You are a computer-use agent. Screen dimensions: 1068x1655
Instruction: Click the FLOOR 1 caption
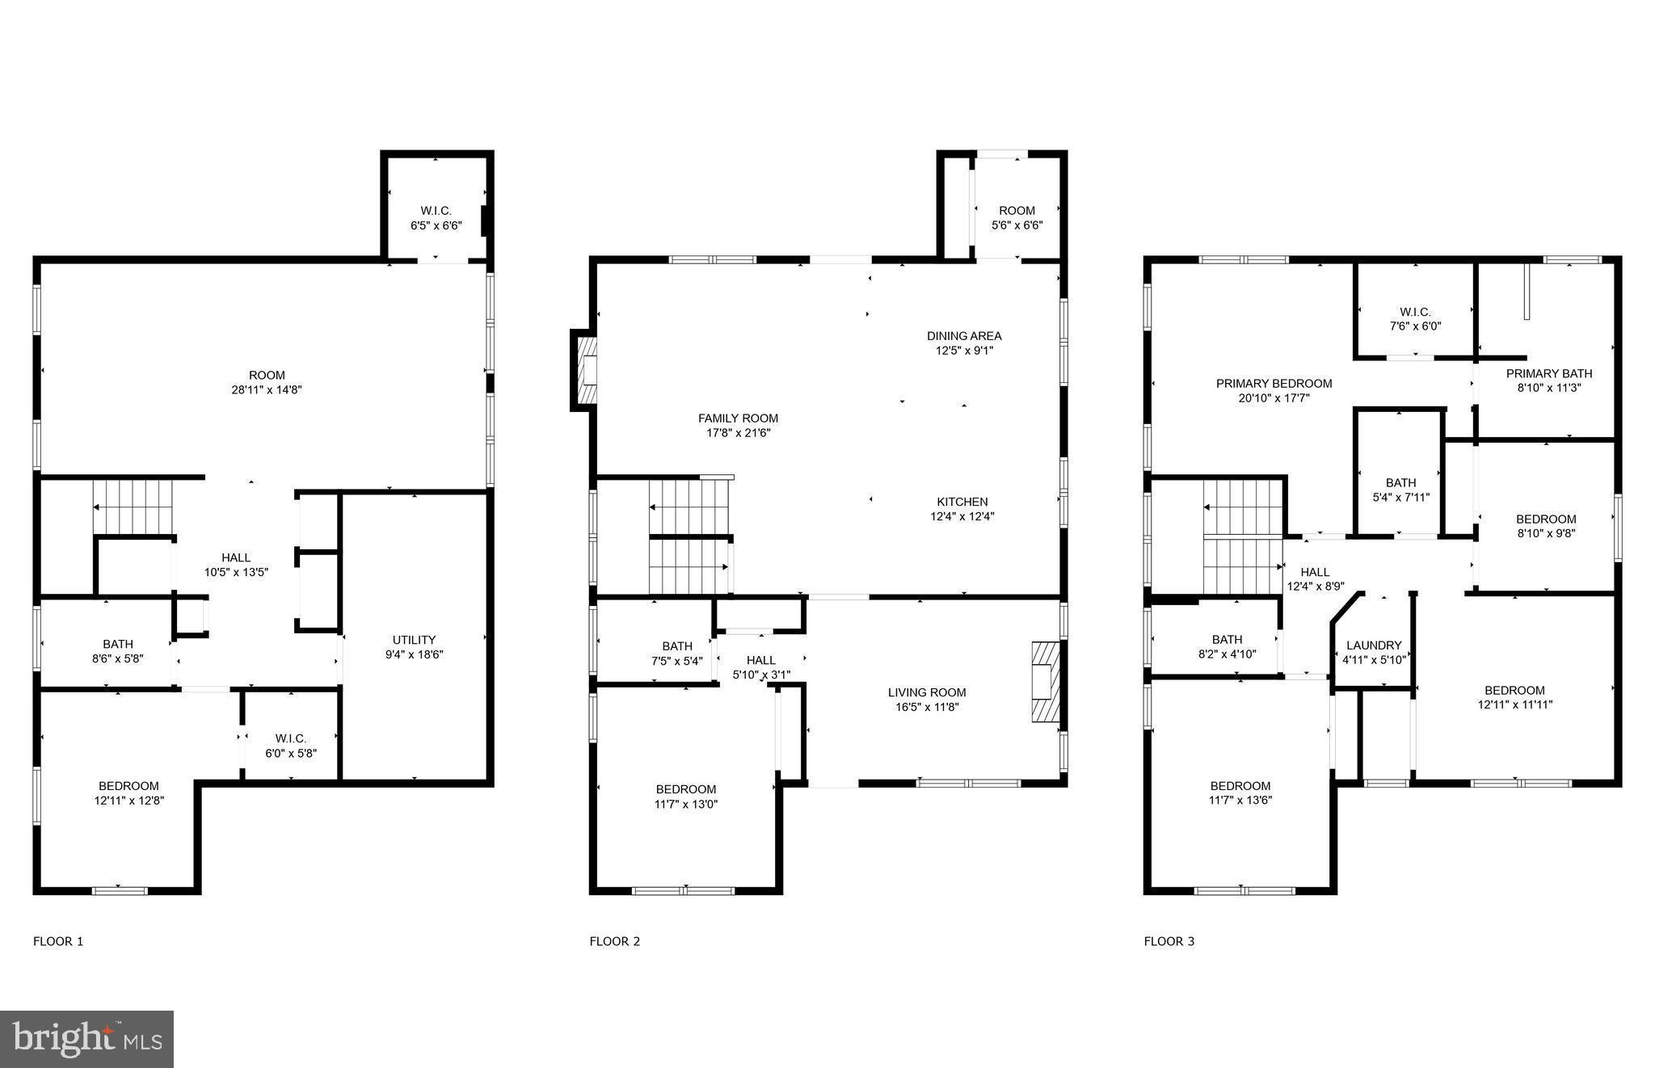(58, 941)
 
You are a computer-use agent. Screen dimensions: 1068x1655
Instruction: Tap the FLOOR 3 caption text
(1169, 941)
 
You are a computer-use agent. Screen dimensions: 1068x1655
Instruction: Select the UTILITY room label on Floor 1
(414, 640)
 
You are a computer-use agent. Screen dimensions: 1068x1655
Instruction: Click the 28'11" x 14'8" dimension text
(267, 390)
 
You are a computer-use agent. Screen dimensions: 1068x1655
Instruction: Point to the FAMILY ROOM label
(738, 418)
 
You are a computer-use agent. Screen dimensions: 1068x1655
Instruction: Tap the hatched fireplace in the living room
(1044, 681)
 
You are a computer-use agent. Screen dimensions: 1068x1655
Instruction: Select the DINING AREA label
(963, 336)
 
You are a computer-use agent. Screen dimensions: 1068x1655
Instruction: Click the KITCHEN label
(962, 502)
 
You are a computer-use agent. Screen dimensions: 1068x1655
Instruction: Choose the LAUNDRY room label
(1374, 645)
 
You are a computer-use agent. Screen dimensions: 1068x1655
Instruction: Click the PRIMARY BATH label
(1548, 373)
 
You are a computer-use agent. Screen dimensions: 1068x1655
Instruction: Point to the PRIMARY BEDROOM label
(1274, 384)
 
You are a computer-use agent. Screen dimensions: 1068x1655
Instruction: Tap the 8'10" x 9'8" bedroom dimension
(1545, 533)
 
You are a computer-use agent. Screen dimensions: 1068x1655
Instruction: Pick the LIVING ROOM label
(926, 692)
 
